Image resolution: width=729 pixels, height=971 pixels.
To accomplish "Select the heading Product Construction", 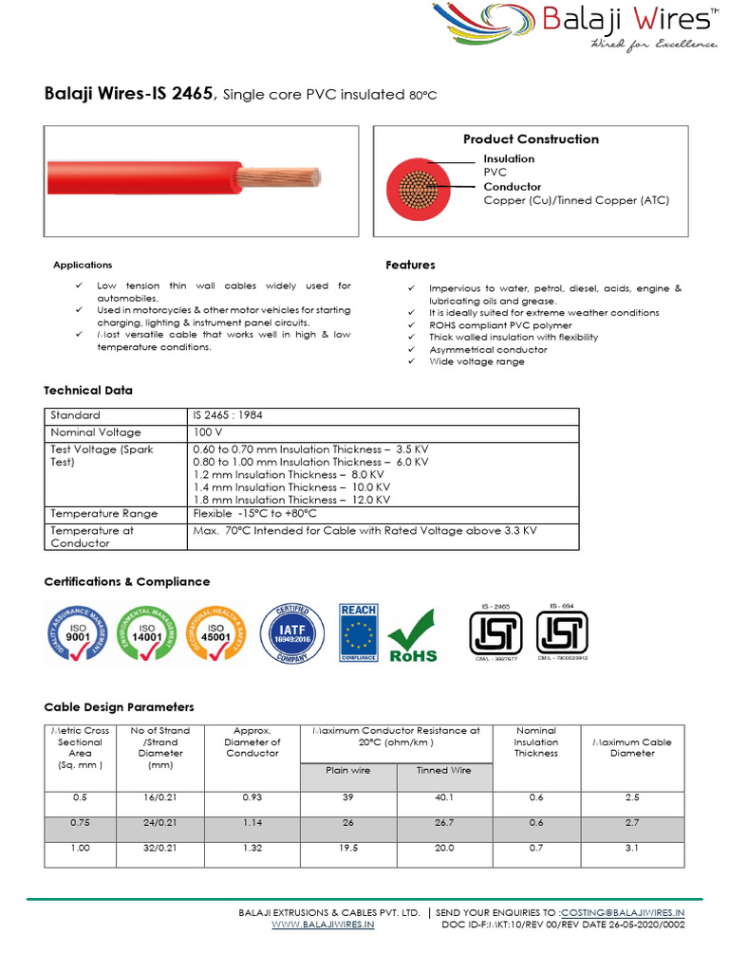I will point(531,139).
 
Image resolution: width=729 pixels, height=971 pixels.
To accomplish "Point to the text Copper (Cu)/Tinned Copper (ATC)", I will point(576,200).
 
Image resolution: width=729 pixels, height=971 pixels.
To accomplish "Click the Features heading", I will point(410,265).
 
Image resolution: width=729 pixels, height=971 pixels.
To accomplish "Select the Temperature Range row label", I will point(103,513).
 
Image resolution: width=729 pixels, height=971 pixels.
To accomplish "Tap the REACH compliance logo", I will point(359,632).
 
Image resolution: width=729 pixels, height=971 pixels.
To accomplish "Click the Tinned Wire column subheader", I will point(444,771).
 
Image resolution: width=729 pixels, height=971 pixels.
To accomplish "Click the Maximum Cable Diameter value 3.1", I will point(632,852).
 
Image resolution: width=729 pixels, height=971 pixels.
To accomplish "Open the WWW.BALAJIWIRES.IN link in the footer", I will point(323,925).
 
